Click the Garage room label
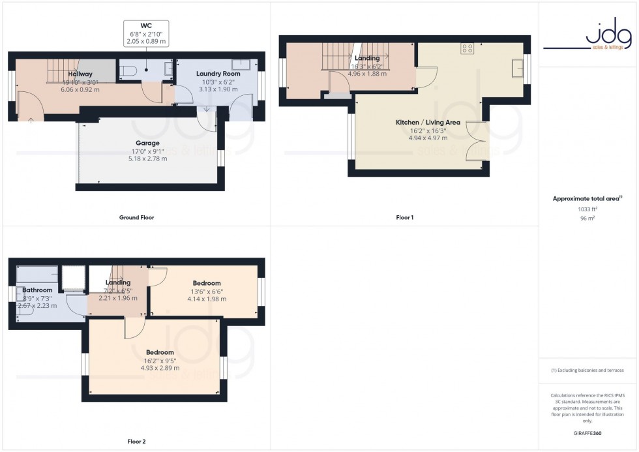click(147, 143)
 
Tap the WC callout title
click(146, 27)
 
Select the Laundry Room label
click(218, 74)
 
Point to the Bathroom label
click(37, 290)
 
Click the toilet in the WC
click(128, 71)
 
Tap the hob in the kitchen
click(467, 48)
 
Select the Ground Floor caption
click(136, 217)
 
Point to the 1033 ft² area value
click(587, 209)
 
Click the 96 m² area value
click(587, 219)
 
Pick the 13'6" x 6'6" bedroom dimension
click(207, 291)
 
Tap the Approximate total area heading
click(586, 198)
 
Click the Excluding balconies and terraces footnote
click(587, 370)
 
